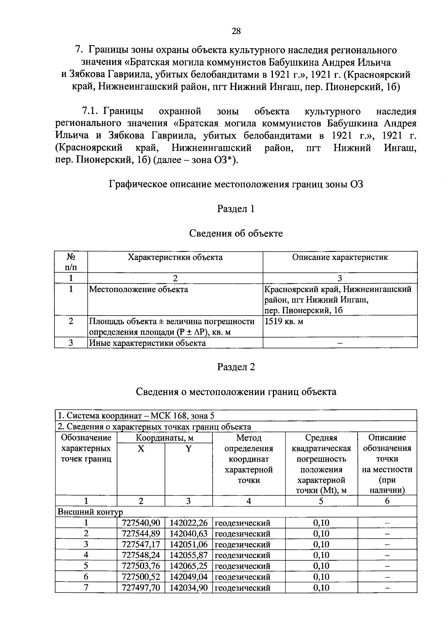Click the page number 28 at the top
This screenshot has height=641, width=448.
click(x=236, y=31)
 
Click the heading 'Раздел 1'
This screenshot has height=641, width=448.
click(x=236, y=209)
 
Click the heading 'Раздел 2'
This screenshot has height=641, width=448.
click(x=236, y=367)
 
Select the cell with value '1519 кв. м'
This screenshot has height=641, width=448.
click(x=284, y=321)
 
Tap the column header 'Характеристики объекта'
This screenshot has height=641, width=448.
click(x=175, y=257)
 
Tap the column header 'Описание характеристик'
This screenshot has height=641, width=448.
click(x=340, y=257)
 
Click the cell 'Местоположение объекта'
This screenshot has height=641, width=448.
click(x=139, y=289)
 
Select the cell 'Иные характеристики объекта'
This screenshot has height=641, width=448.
click(x=147, y=343)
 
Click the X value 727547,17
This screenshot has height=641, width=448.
click(x=141, y=544)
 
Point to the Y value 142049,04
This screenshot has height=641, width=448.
click(x=189, y=577)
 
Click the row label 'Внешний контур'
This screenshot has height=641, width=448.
click(x=90, y=512)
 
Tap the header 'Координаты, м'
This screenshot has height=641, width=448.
click(x=165, y=438)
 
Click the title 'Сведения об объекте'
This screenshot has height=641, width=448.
click(x=236, y=233)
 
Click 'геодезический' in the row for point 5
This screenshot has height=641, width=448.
click(x=243, y=566)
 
